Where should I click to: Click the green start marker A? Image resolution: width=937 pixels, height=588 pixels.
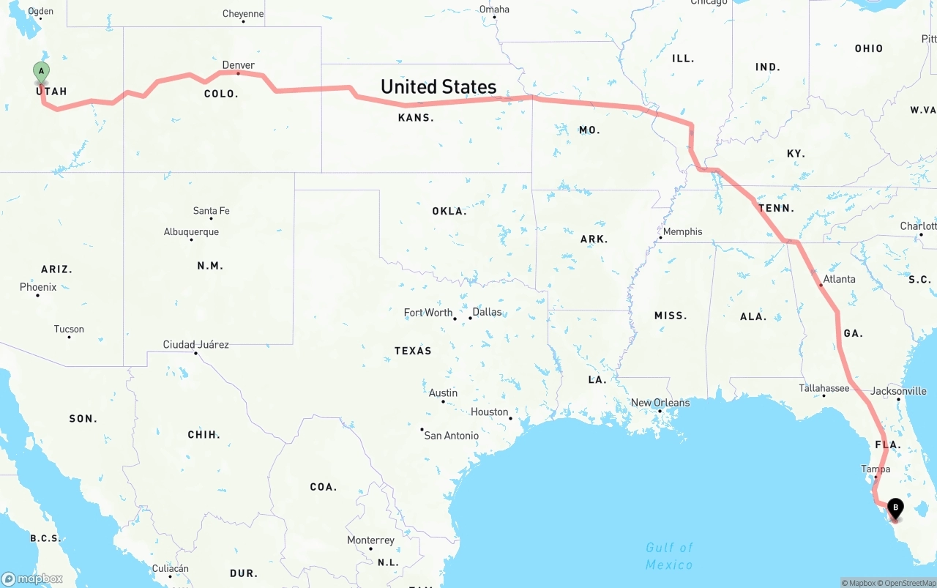42,72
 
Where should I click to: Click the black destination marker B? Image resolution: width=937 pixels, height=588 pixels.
895,507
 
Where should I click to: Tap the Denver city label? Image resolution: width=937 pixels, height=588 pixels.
239,65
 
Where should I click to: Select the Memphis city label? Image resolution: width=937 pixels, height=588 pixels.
682,231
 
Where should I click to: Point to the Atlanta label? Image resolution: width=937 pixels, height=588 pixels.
839,279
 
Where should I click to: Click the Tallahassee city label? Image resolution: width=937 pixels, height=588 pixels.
824,388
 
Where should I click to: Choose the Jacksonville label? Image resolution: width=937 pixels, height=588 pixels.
898,391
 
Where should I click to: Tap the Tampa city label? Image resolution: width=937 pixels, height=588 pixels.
876,469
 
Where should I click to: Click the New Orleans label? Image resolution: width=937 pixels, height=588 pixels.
660,403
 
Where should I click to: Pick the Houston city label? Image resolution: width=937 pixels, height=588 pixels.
490,412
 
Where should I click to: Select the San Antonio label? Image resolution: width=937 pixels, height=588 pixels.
451,436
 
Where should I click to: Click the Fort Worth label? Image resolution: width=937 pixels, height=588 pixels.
428,313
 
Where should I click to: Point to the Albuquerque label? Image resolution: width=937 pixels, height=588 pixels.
191,232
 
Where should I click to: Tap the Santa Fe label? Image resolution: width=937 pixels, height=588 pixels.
211,211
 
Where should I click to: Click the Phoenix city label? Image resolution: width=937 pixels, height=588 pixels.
38,287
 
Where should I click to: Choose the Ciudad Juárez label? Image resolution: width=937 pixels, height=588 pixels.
195,344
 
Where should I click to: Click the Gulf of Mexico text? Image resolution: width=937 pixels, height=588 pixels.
668,556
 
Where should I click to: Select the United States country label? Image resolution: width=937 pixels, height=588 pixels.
438,86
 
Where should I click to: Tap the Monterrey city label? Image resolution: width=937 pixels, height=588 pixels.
370,540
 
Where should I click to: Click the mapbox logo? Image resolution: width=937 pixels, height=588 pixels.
32,578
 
